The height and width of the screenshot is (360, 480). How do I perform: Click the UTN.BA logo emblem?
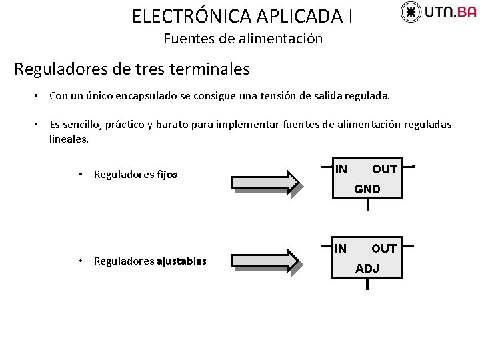tap(411, 11)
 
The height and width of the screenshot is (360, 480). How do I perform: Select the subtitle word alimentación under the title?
tap(283, 39)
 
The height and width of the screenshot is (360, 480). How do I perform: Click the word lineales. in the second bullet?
tap(69, 139)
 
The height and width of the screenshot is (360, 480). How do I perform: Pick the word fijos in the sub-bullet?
tap(167, 175)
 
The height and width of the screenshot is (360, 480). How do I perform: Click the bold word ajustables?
tap(181, 261)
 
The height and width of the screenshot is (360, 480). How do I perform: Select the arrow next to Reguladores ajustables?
tap(266, 261)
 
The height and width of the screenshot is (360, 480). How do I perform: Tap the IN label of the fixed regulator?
tap(341, 169)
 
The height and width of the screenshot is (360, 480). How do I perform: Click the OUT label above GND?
tap(385, 169)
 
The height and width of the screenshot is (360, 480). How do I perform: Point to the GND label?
tap(367, 189)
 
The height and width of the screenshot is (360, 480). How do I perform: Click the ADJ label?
tap(367, 269)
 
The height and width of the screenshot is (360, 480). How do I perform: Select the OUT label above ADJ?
tap(384, 249)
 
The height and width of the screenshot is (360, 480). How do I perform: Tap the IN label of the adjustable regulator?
tap(341, 249)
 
